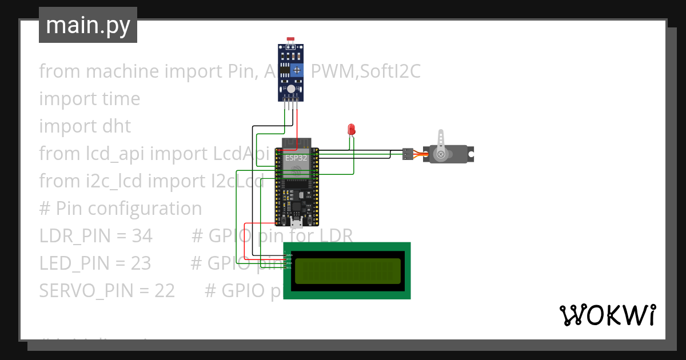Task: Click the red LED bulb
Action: point(352,129)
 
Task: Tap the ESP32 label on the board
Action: point(296,158)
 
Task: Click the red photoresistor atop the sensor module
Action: point(291,39)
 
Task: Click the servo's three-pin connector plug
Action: point(407,153)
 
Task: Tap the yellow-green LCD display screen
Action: point(347,271)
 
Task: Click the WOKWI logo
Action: point(607,315)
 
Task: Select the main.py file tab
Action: point(88,25)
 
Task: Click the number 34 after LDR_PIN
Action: point(142,235)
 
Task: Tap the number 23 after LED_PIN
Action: point(141,263)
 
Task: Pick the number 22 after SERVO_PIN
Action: point(165,290)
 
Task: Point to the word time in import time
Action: point(121,98)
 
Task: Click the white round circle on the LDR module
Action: point(291,89)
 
